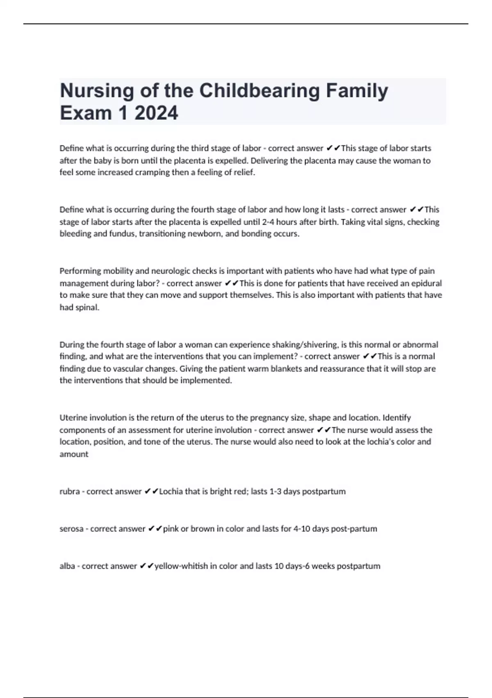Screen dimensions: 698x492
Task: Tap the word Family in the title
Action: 357,91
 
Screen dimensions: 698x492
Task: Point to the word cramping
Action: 153,172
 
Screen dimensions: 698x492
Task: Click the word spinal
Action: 87,307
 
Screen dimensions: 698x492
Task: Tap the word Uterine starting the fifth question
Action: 73,418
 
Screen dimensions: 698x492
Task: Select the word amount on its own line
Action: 74,454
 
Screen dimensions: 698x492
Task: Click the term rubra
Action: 69,491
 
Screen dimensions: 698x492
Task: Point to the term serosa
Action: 71,529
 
